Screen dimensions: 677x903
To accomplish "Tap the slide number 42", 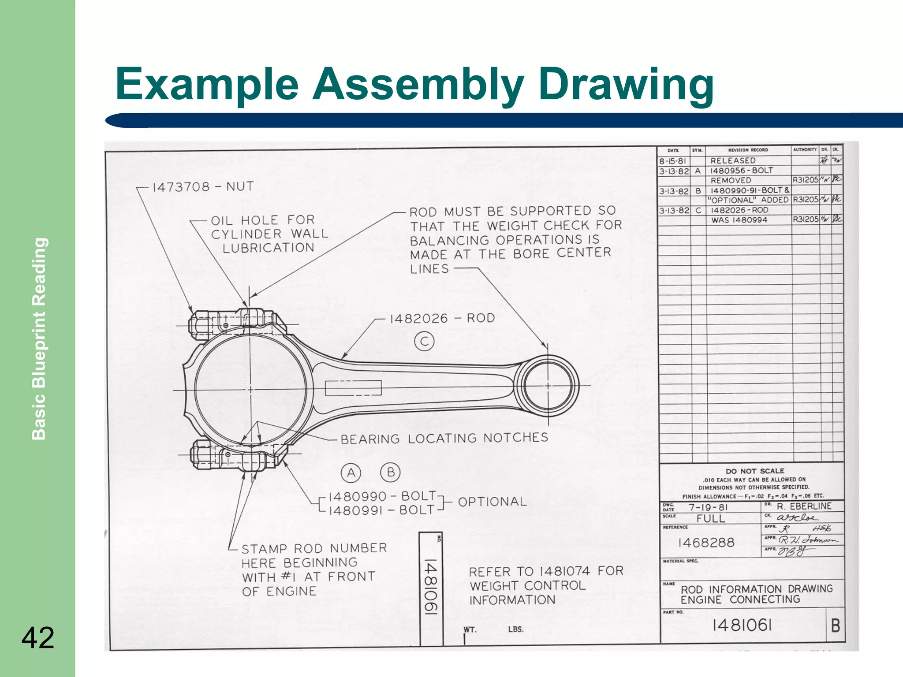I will (38, 637).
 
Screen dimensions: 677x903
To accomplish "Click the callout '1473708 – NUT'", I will (203, 187).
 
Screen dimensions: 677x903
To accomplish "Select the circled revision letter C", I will (424, 342).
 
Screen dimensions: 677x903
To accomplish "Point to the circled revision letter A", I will (351, 473).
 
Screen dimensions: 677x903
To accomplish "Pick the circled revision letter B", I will (390, 472).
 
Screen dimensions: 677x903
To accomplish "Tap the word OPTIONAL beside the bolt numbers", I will (492, 502).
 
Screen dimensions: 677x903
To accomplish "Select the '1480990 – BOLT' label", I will (382, 496).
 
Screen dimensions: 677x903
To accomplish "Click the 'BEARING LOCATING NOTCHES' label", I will (444, 438).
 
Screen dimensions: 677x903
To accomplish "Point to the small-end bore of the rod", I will (548, 386).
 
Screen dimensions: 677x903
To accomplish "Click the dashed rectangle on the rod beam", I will (353, 388).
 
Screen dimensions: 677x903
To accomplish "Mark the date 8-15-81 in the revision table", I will (672, 161).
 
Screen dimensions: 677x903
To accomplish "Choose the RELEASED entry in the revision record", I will (733, 161).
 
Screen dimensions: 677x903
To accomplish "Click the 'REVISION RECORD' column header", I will (748, 150).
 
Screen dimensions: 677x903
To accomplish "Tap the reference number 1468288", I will (706, 543).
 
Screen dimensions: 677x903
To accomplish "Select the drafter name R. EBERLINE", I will (804, 506).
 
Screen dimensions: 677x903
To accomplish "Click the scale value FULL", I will (711, 518).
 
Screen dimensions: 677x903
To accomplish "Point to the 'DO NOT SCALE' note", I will (755, 471).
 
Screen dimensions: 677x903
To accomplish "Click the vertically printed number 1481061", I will (430, 586).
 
